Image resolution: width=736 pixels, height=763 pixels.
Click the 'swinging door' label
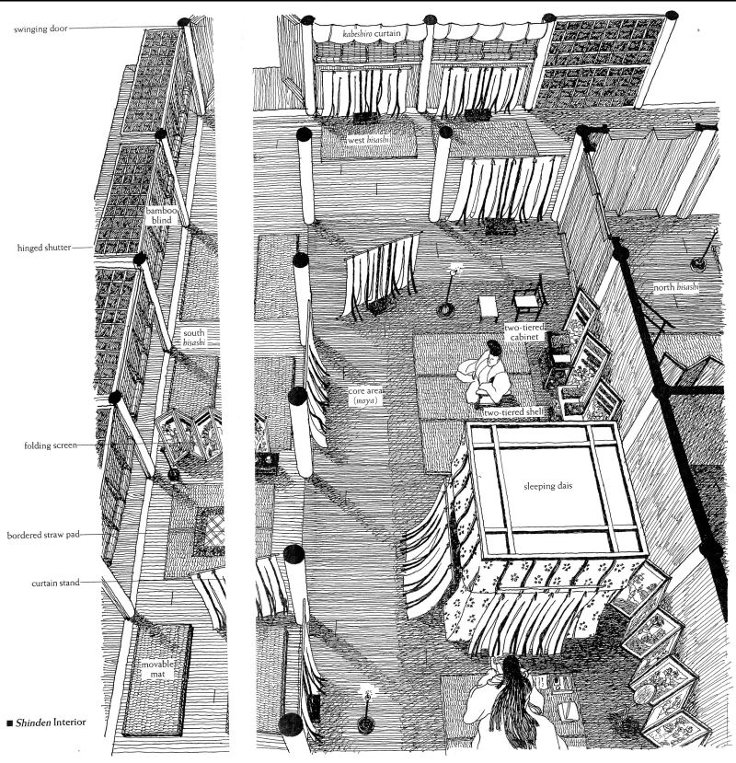[x=40, y=28]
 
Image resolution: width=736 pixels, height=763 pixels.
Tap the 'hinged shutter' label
[x=42, y=248]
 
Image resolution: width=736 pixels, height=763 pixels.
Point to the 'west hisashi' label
[x=369, y=140]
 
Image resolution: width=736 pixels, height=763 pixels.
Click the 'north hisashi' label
[x=675, y=287]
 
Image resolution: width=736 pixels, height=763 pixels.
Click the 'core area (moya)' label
[x=363, y=396]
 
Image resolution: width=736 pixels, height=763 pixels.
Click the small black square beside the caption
[x=8, y=723]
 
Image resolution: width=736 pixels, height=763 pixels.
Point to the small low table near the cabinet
[x=488, y=304]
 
